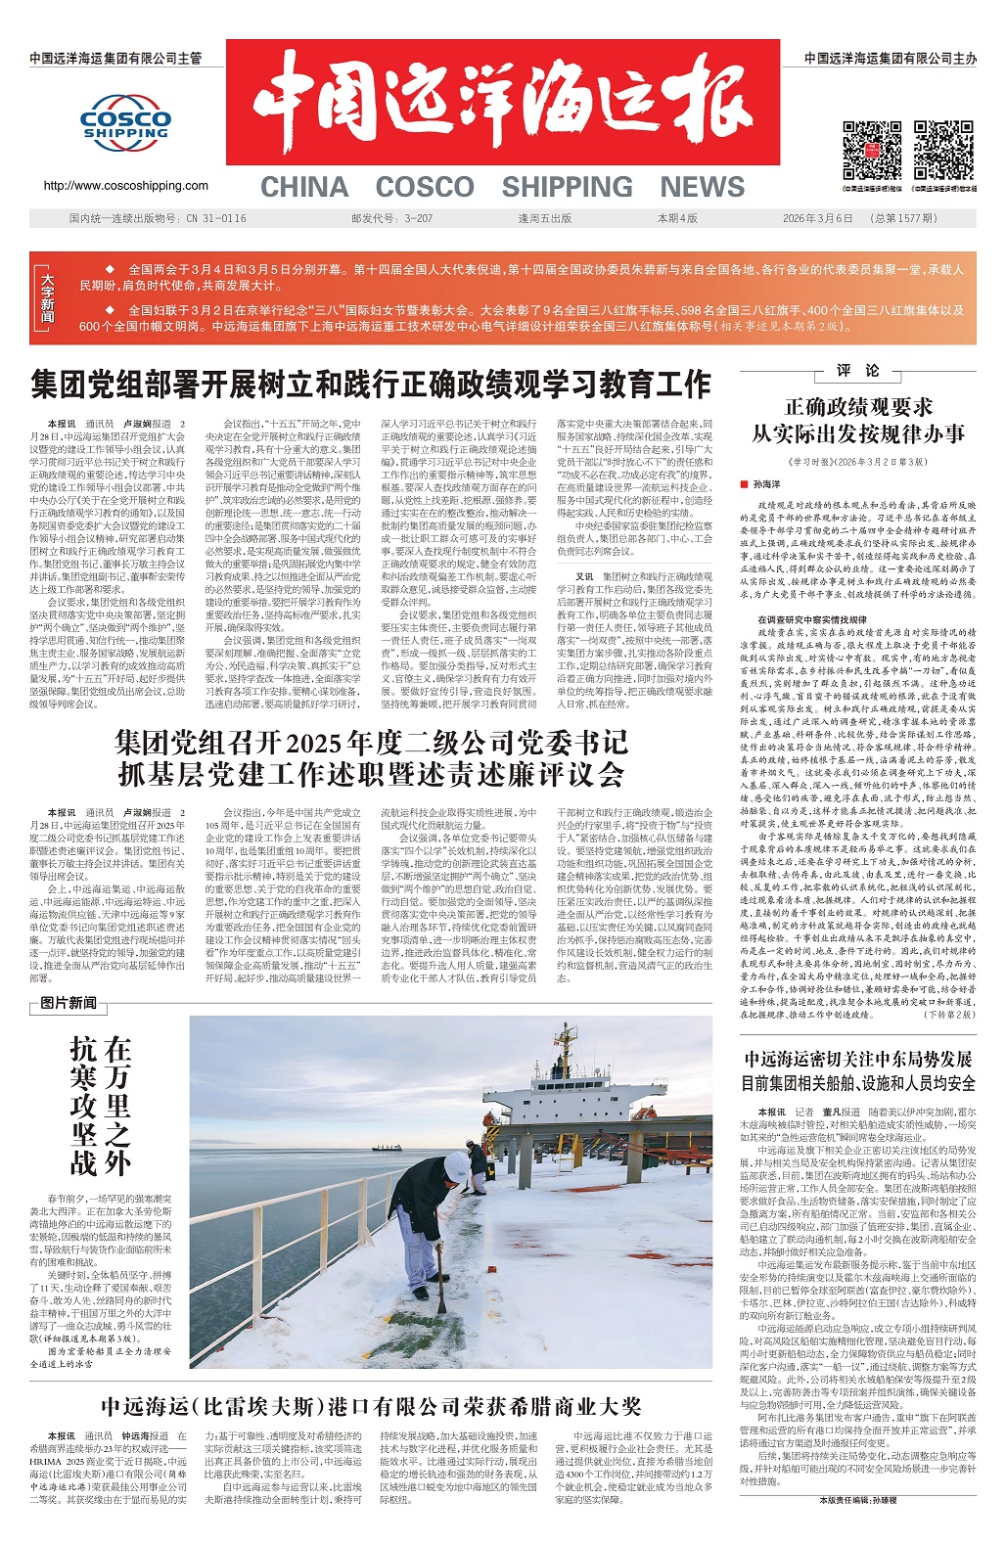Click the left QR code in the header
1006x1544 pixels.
(872, 149)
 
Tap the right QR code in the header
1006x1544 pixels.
(943, 149)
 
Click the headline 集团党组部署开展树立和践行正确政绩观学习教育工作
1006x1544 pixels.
(370, 384)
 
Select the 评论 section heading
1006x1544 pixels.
(858, 371)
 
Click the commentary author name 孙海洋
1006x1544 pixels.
(767, 483)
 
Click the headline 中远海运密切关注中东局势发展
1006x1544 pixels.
(857, 1059)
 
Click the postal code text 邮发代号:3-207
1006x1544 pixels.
(391, 218)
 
